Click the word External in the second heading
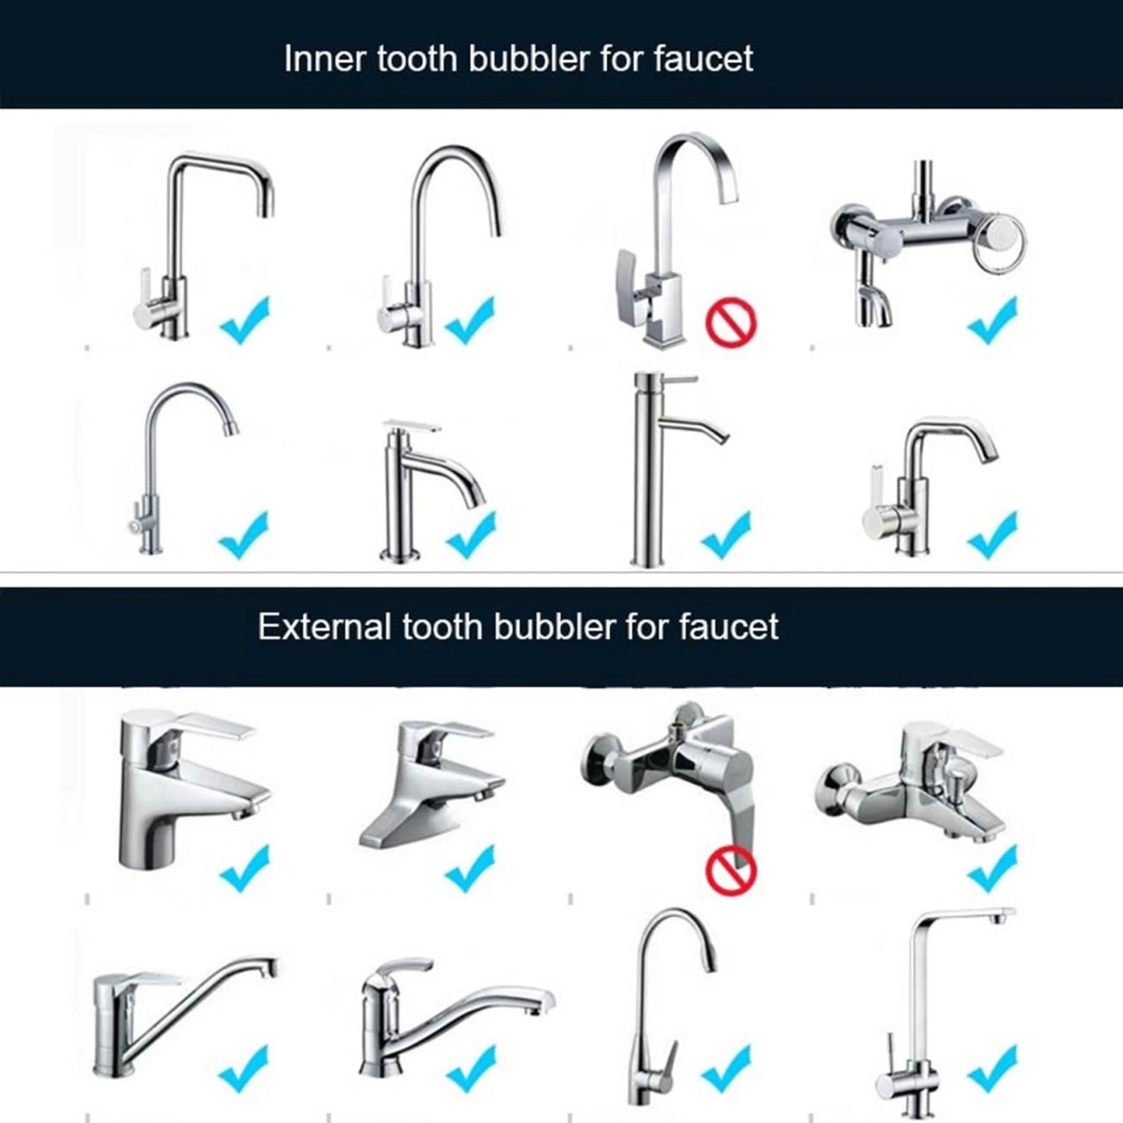click(x=324, y=626)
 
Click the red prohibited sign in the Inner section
click(x=731, y=324)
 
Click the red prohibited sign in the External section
click(x=730, y=870)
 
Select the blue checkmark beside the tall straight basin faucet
click(x=725, y=535)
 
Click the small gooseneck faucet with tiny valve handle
click(x=175, y=466)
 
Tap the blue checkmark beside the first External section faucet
click(x=244, y=868)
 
